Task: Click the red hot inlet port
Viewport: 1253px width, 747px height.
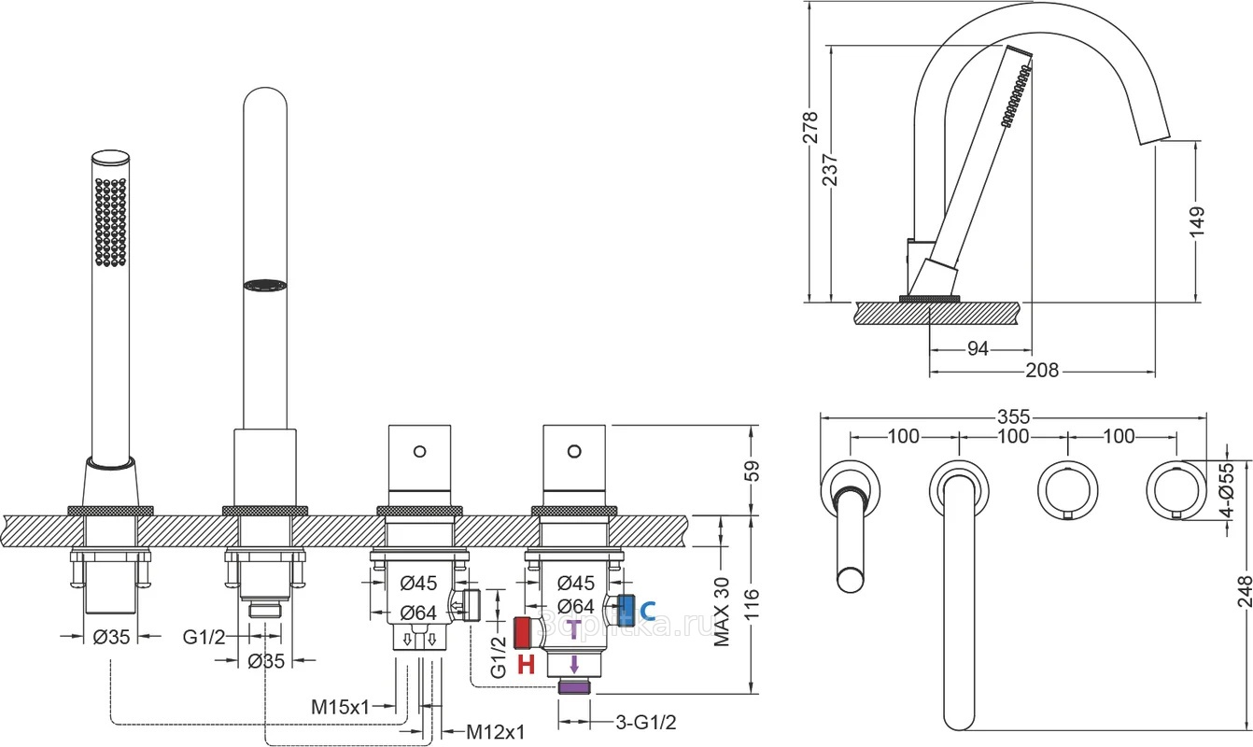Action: coord(528,633)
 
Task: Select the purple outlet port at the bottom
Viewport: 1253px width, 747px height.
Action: coord(574,688)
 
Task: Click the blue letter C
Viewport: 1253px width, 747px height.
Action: coord(648,612)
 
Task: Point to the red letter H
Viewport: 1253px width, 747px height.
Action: coord(526,664)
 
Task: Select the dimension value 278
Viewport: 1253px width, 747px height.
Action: coord(810,127)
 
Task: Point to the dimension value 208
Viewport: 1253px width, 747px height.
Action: coord(1042,371)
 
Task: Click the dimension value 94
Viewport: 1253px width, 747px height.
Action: coord(977,348)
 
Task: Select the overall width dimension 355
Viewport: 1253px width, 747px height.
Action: coord(1012,416)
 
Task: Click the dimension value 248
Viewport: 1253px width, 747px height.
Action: coord(1243,591)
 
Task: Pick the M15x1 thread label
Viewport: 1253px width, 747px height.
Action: coord(341,707)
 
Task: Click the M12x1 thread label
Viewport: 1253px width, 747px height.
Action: coord(496,730)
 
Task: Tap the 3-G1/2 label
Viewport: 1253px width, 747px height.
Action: coord(646,722)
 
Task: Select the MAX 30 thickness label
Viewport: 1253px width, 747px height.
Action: coord(721,612)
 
